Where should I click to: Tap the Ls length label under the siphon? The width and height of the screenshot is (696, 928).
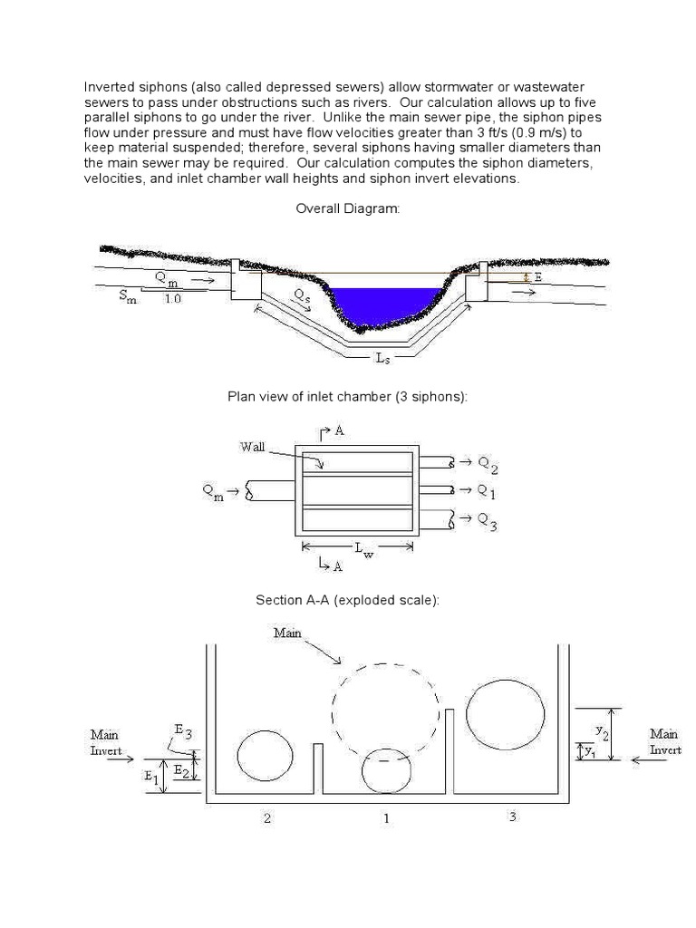[x=383, y=358]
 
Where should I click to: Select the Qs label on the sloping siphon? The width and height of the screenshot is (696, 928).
[x=304, y=295]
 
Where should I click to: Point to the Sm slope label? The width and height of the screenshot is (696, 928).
[x=128, y=298]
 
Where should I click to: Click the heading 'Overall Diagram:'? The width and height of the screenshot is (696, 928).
[x=347, y=209]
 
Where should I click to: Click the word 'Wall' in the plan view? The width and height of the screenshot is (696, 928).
[x=252, y=446]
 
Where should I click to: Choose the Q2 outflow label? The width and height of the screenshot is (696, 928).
[x=487, y=465]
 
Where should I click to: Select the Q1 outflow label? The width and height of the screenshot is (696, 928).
[x=487, y=491]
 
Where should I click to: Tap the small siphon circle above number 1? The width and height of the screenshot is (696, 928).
[x=386, y=770]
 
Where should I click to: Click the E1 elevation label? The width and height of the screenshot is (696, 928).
[x=150, y=778]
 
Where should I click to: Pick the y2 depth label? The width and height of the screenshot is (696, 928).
[x=602, y=729]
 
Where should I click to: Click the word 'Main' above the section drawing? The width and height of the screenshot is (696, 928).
[x=287, y=633]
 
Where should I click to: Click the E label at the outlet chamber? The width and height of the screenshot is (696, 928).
[x=538, y=277]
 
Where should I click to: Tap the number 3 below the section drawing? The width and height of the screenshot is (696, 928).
[x=512, y=817]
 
